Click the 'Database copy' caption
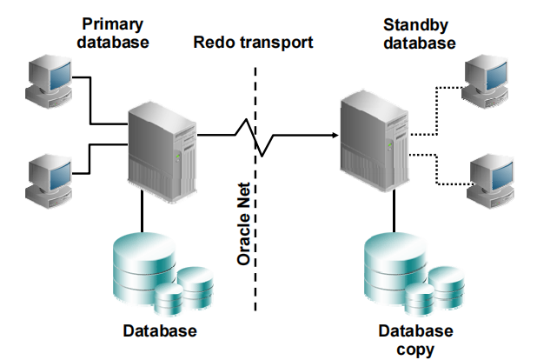click(415, 340)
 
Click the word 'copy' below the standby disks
click(415, 350)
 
